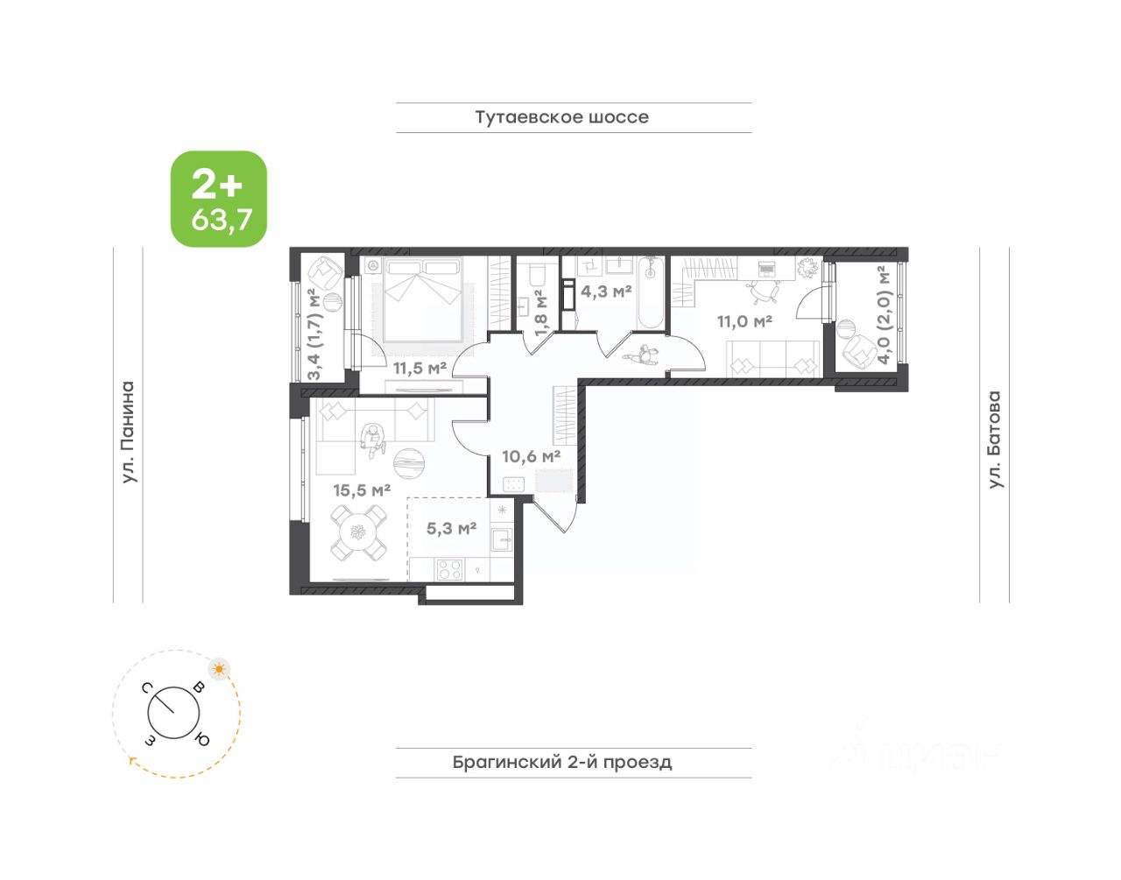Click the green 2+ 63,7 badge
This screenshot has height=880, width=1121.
[x=219, y=199]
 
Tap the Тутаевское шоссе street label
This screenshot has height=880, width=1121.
[x=561, y=117]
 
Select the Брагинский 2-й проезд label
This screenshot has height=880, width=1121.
[x=561, y=762]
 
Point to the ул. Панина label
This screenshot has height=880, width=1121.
[x=128, y=432]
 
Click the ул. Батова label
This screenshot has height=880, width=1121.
[x=994, y=440]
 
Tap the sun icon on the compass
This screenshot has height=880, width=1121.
[x=220, y=669]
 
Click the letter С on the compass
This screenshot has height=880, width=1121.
[x=147, y=687]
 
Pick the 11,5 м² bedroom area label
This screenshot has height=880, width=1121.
[x=419, y=368]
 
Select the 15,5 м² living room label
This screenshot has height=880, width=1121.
[x=361, y=489]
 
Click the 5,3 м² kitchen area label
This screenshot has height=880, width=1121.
[x=451, y=528]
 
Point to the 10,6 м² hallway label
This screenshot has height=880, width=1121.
[x=532, y=456]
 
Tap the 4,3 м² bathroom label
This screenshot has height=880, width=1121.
[x=606, y=292]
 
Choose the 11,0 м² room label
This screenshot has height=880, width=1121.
[x=744, y=321]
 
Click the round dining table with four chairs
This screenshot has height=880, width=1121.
[x=358, y=532]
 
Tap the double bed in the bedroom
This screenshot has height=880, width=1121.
[x=423, y=299]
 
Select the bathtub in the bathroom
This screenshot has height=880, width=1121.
[x=651, y=292]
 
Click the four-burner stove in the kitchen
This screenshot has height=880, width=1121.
[x=449, y=570]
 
